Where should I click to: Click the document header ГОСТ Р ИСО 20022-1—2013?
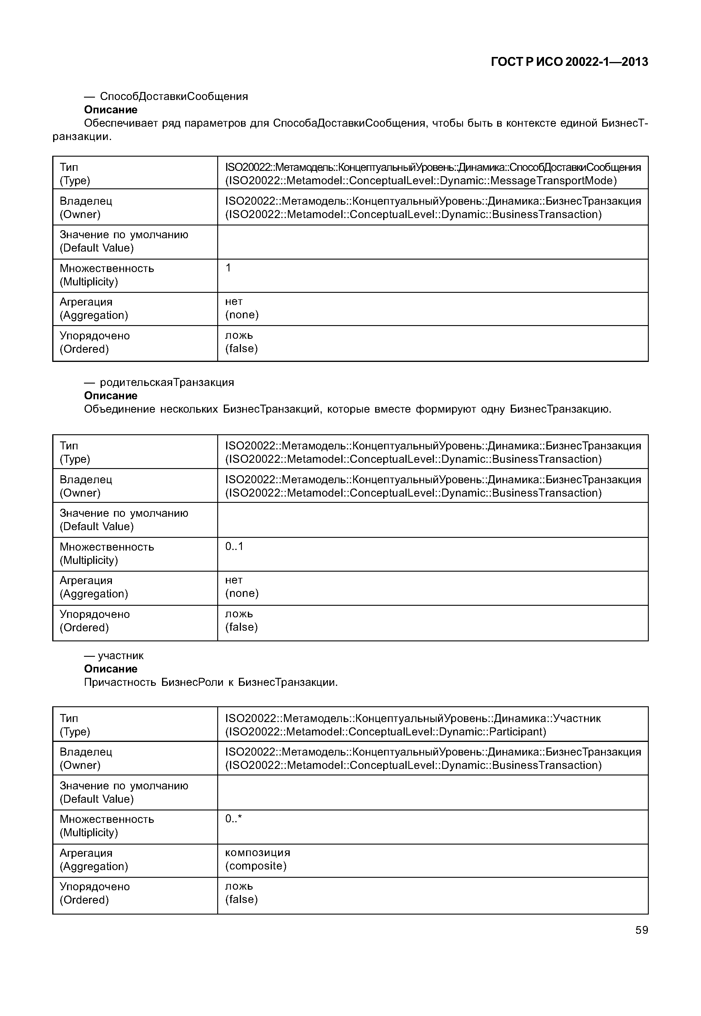(x=569, y=62)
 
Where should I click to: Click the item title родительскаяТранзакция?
(x=167, y=382)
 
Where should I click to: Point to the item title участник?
(x=120, y=656)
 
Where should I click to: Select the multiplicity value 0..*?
(x=234, y=818)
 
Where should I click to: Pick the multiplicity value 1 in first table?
(x=228, y=268)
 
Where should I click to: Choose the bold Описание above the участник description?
(x=111, y=669)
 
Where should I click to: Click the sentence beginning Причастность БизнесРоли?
(x=211, y=682)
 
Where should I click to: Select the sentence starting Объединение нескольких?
(x=347, y=409)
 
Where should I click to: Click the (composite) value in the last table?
(x=256, y=866)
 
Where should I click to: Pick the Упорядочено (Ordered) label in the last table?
(x=94, y=893)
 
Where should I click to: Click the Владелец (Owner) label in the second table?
(x=86, y=486)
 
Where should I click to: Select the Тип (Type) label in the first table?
(x=75, y=174)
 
